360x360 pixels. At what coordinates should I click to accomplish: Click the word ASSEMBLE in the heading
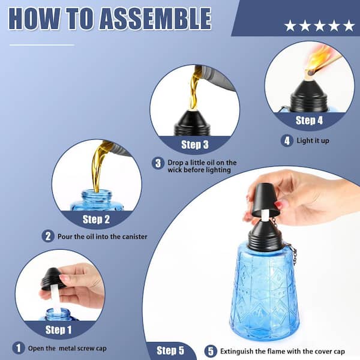point(155,19)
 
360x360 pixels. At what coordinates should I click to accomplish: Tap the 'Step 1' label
point(59,330)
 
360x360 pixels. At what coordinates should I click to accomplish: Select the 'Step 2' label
point(96,219)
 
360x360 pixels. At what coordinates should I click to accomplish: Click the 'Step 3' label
point(194,145)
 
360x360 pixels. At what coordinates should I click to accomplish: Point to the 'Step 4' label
point(309,121)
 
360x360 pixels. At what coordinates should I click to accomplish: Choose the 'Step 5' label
point(170,350)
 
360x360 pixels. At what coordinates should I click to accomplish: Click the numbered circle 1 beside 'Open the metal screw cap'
point(19,348)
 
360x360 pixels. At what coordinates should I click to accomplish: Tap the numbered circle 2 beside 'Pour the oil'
point(48,236)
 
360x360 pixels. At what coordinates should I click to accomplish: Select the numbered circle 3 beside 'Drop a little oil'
point(158,163)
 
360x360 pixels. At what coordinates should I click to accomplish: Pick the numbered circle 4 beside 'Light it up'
point(287,140)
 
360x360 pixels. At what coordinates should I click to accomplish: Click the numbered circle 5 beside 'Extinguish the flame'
point(211,351)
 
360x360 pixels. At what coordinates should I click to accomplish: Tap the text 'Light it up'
point(313,140)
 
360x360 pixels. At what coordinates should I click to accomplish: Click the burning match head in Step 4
point(311,73)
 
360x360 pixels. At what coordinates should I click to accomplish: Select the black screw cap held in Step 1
point(52,278)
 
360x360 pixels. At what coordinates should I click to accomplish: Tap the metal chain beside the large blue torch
point(293,251)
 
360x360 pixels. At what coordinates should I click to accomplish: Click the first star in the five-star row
point(290,25)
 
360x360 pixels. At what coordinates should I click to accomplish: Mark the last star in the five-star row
point(349,25)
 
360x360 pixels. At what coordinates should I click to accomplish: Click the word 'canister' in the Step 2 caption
point(134,236)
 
